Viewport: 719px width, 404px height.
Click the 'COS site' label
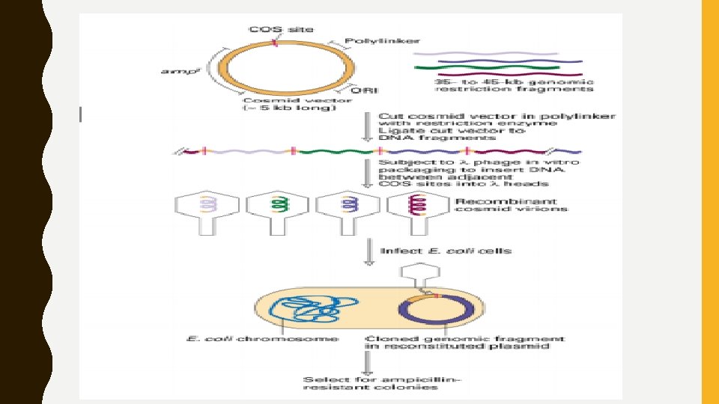281,30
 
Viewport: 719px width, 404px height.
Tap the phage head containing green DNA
278,205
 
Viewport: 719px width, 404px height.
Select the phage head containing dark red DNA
417,205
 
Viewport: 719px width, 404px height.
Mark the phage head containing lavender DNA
207,205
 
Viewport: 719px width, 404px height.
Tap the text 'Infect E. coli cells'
446,251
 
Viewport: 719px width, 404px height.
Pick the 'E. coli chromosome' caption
261,339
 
